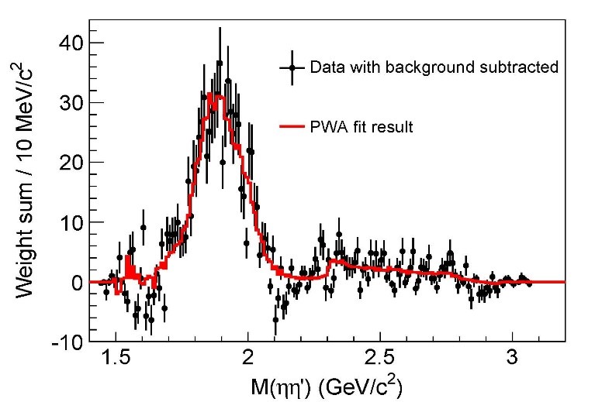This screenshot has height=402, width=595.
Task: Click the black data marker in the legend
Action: [x=292, y=67]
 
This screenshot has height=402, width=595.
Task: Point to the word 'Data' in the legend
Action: [x=323, y=67]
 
